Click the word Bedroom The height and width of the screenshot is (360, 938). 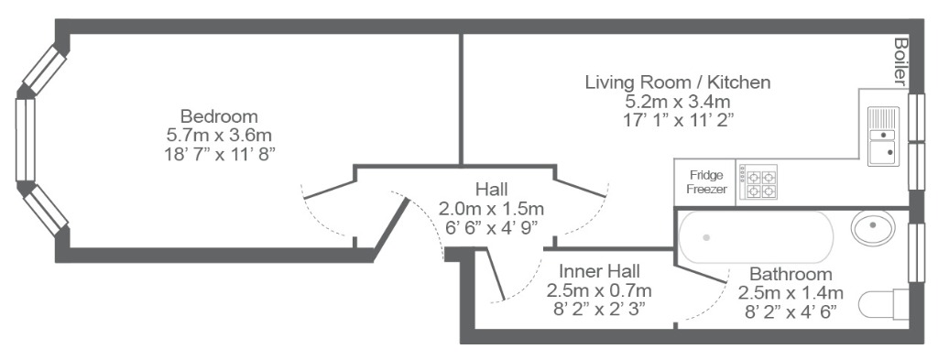[219, 116]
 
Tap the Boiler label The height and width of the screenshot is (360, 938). [900, 61]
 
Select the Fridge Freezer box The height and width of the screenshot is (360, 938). [705, 182]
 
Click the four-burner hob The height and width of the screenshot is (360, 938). [758, 181]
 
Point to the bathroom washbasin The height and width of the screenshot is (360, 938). [873, 227]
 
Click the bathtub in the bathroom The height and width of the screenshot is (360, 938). [756, 237]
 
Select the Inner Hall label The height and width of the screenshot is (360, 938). [599, 271]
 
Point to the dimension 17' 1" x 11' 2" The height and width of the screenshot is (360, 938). [679, 120]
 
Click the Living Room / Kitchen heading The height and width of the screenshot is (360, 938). [678, 82]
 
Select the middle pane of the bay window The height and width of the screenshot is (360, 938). [25, 140]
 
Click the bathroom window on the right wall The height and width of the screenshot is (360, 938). [916, 252]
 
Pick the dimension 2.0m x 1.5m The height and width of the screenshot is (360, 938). [492, 209]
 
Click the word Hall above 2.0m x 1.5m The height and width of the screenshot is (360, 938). [492, 190]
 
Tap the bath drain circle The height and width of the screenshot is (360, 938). [706, 237]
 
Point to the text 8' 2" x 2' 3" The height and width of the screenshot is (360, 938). [599, 310]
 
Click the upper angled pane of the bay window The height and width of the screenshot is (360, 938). [44, 71]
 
